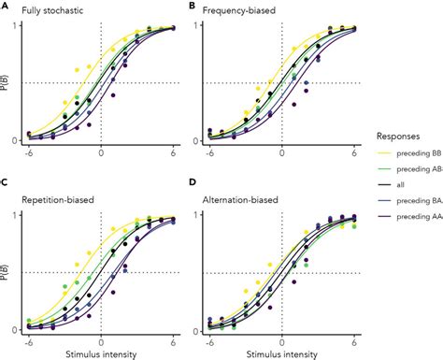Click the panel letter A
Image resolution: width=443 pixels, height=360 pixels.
(x=6, y=6)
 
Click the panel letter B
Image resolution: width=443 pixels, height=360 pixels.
(x=192, y=6)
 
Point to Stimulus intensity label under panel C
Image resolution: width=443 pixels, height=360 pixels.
(x=101, y=353)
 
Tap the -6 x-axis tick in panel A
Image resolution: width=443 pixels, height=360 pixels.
(x=30, y=152)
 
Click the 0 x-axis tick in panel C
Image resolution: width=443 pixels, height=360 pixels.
(x=101, y=340)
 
